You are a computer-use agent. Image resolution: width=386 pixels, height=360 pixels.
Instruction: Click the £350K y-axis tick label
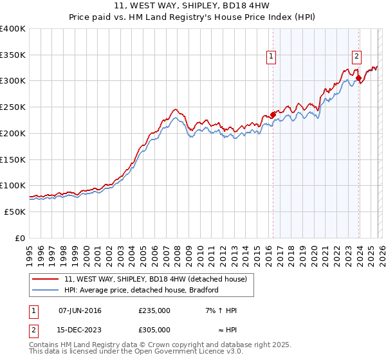point(13,55)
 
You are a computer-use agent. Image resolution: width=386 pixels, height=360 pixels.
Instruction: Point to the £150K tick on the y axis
point(13,159)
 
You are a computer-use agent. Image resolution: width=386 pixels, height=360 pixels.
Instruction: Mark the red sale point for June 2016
point(273,115)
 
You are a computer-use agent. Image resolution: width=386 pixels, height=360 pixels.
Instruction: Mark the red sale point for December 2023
point(358,78)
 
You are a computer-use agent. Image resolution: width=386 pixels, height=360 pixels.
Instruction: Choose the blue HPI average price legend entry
point(142,290)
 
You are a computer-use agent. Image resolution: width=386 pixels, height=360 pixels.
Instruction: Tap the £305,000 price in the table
point(154,330)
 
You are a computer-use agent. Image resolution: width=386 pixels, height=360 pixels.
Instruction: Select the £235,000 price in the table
point(154,310)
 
